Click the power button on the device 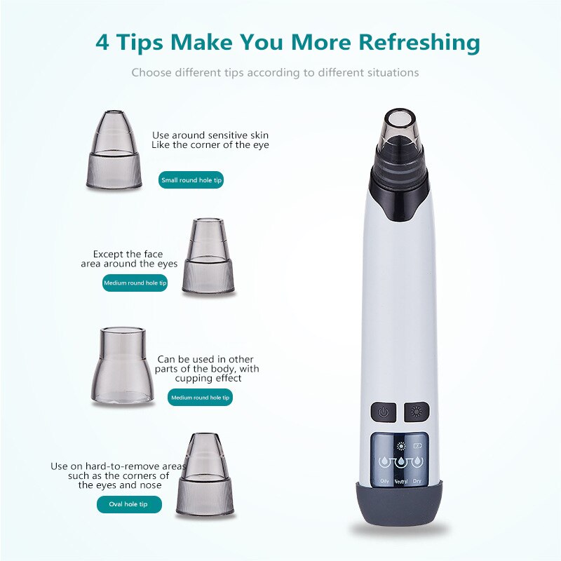coord(384,412)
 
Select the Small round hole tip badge coord(191,180)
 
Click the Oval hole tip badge coord(129,504)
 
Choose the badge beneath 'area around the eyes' coord(135,283)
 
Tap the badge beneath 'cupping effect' coord(201,398)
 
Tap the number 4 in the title coord(102,41)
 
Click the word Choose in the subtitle coord(150,72)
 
